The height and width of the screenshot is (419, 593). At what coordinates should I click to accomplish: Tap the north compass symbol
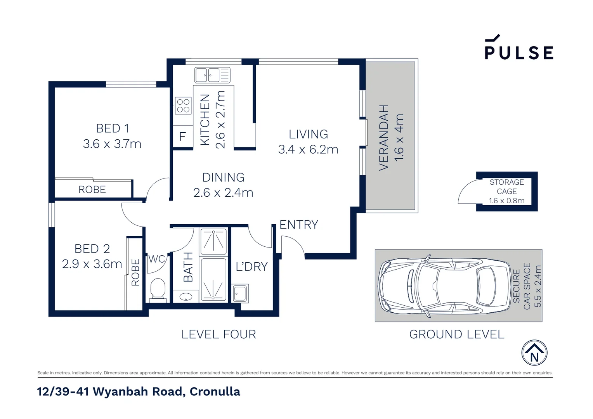pos(534,353)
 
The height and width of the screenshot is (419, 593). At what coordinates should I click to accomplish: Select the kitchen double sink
pos(212,75)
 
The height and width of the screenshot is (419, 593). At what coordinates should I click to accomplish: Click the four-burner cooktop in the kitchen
pos(183,106)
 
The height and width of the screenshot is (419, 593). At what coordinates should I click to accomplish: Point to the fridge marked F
pos(182,137)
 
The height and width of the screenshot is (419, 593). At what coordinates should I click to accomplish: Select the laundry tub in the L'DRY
pos(240,293)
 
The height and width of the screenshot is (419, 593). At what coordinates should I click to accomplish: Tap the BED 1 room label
pos(112,128)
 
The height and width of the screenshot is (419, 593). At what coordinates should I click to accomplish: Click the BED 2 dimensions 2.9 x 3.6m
pos(92,264)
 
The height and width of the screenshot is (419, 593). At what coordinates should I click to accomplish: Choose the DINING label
pos(223,178)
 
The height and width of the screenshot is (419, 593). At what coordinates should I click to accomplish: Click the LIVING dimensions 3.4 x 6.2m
pos(308,149)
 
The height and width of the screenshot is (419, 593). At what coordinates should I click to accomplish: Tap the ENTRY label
pos(298,225)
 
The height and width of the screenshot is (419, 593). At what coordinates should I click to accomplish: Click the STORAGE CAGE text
pos(506,187)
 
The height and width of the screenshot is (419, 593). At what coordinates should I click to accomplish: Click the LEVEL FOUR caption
pos(218,334)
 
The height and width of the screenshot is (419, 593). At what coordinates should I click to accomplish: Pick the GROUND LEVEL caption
pos(456,334)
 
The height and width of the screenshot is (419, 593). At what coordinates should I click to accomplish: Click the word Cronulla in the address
pos(215,392)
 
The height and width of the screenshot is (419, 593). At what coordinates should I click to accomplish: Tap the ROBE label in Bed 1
pos(92,190)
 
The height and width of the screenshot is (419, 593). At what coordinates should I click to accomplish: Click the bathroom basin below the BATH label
pos(186,297)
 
